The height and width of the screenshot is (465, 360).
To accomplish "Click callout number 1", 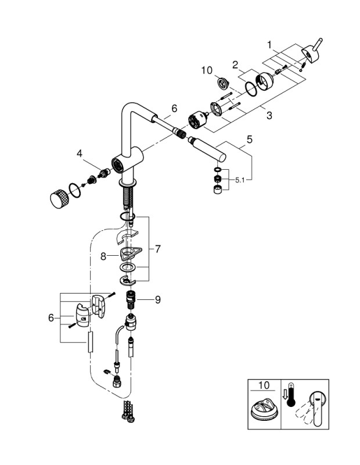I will tap(269, 44).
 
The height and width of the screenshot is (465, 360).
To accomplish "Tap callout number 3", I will tap(269, 116).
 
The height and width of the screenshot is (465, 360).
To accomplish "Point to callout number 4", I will tap(79, 153).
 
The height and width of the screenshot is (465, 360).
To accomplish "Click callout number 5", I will tap(250, 139).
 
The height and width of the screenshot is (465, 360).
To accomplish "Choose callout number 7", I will tap(158, 248).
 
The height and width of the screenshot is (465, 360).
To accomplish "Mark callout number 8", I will tap(103, 255).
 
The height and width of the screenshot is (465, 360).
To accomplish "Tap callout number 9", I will tap(157, 299).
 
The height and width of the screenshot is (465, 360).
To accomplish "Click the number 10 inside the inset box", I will tap(264, 385).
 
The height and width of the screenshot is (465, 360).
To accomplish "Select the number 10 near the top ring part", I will tap(207, 71).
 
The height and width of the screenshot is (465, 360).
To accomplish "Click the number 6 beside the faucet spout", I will tap(174, 108).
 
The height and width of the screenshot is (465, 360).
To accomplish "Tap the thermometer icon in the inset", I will tap(293, 401).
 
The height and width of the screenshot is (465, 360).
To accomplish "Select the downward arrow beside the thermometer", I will tap(285, 395).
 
